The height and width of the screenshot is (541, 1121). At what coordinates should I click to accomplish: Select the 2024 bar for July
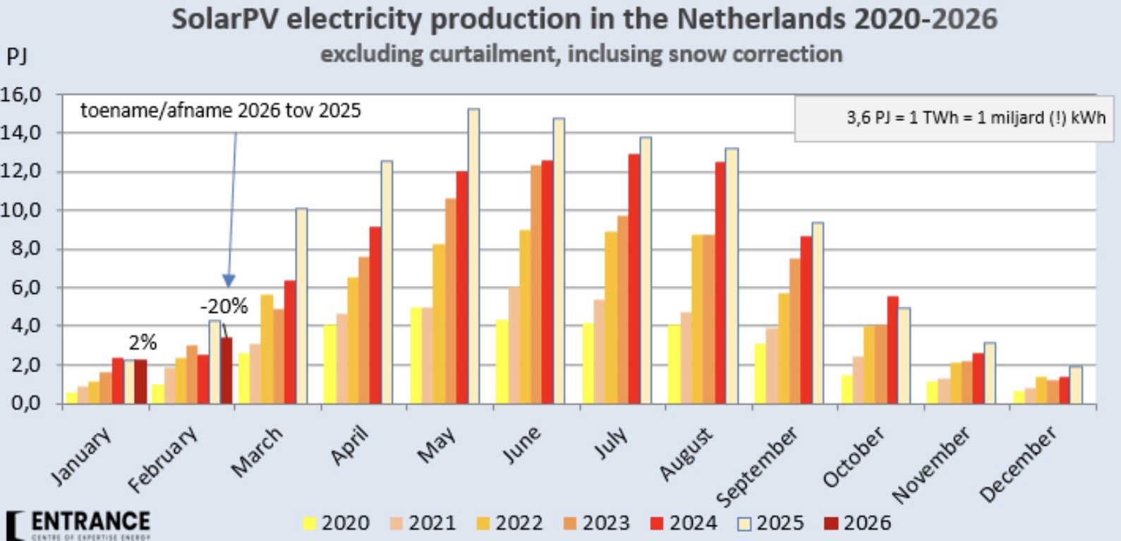[634, 278]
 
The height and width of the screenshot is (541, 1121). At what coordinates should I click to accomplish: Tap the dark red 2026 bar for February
[226, 370]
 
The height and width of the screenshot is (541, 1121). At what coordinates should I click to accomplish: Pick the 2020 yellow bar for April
[329, 364]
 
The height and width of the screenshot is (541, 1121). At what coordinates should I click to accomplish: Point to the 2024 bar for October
[892, 350]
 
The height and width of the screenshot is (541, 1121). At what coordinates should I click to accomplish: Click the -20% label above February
[224, 307]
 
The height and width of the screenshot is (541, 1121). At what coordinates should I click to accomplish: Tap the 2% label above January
[143, 343]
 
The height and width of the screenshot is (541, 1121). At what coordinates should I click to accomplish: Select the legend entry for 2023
[595, 523]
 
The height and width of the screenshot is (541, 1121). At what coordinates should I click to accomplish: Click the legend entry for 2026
[857, 523]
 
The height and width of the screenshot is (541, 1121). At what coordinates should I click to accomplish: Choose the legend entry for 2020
[336, 523]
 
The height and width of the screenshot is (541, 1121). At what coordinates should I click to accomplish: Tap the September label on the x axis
[758, 466]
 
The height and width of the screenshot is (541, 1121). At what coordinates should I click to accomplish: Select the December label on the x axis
[1021, 463]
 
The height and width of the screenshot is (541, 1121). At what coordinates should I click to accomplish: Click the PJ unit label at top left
[17, 57]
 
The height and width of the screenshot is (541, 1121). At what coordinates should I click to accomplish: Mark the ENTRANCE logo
[78, 525]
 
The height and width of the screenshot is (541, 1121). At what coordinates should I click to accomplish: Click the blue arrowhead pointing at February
[229, 281]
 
